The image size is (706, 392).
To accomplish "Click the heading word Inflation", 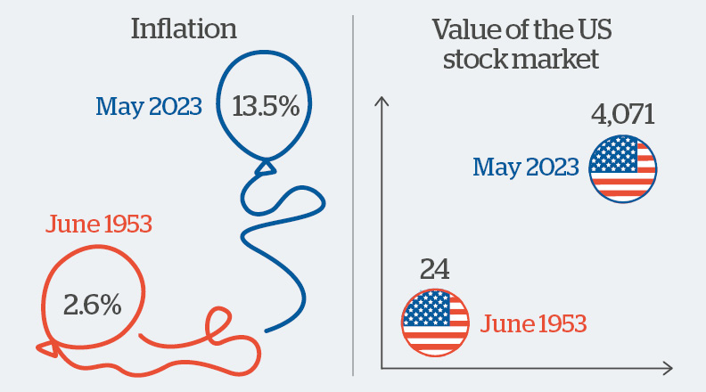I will [184, 29].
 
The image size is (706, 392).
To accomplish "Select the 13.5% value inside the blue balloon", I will [265, 107].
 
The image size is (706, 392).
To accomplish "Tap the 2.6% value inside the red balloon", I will [92, 305].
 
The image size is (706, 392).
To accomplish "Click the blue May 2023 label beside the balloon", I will [149, 108].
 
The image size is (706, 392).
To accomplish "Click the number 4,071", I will [623, 115].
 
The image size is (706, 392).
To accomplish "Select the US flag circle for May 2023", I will [623, 167].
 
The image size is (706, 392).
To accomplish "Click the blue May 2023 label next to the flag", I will [526, 167].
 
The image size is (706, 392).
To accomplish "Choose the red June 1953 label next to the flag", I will [533, 323].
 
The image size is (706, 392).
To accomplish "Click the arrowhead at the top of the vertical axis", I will [382, 102].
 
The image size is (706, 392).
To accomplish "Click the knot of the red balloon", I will [45, 342].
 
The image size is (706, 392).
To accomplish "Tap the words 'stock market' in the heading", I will [514, 61].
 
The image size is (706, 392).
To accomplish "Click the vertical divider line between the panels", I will [353, 196].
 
